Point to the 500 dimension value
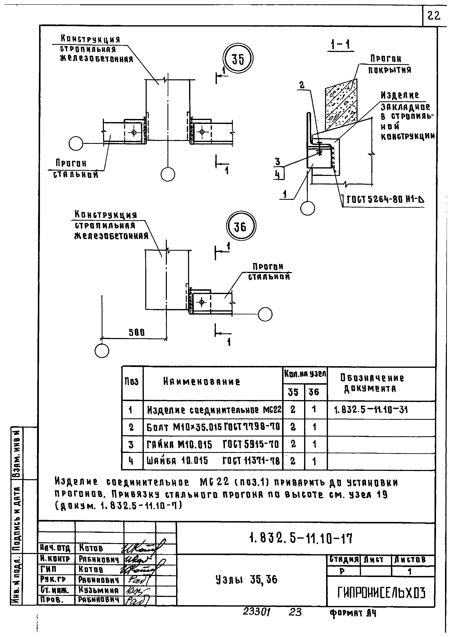coord(137,333)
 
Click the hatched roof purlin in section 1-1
coord(341,105)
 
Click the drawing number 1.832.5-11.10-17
coord(301,539)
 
